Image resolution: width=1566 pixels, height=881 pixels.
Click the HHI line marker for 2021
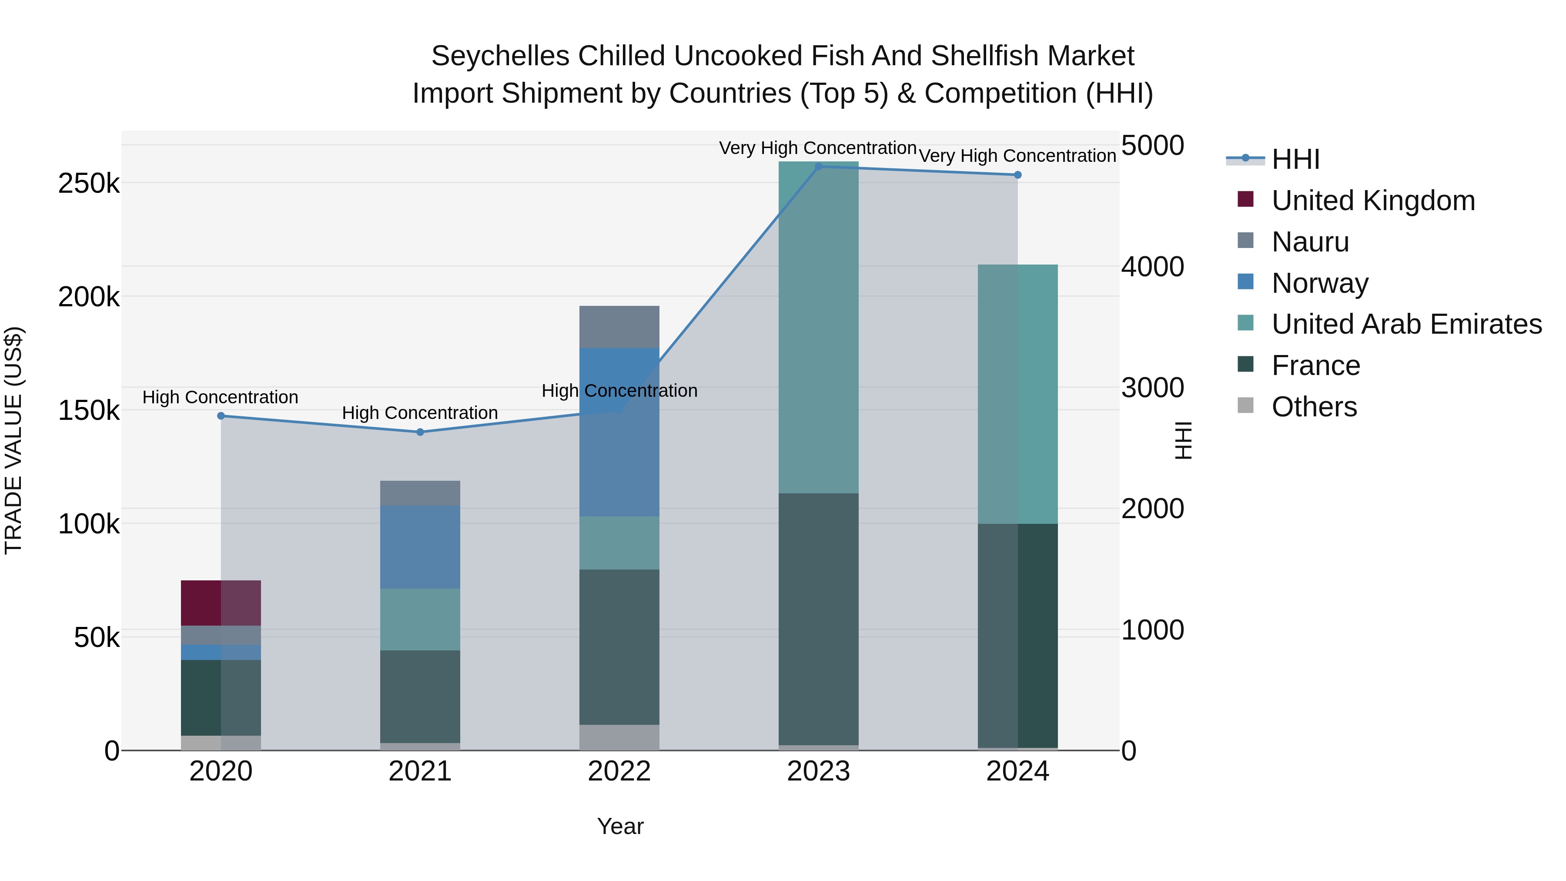coord(420,432)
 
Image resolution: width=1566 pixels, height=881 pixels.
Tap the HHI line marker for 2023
coord(818,167)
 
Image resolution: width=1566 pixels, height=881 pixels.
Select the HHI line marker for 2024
coord(1017,175)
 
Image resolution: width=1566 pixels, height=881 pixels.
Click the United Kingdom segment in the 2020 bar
coord(221,603)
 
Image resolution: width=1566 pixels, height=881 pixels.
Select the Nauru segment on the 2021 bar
coord(420,492)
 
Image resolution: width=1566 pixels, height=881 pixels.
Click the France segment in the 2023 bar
coord(818,619)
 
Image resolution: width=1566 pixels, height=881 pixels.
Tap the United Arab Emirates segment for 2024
coord(1017,394)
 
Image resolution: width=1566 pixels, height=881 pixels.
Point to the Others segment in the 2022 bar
coord(619,737)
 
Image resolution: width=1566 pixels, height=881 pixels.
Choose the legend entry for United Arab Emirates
coord(1406,324)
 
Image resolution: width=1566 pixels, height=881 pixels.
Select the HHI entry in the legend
coord(1295,159)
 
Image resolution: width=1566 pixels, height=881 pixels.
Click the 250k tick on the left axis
coord(89,183)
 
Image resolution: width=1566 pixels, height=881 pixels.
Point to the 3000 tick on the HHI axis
coord(1153,388)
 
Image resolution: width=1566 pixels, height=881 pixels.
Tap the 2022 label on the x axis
coord(619,771)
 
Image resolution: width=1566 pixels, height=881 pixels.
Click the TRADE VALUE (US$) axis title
coord(13,440)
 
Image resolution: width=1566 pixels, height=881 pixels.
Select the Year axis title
coord(620,826)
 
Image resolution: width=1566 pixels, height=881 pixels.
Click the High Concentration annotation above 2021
coord(420,413)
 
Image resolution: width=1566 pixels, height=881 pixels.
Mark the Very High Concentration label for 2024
coord(1017,156)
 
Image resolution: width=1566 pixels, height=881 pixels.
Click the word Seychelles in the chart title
coord(500,56)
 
